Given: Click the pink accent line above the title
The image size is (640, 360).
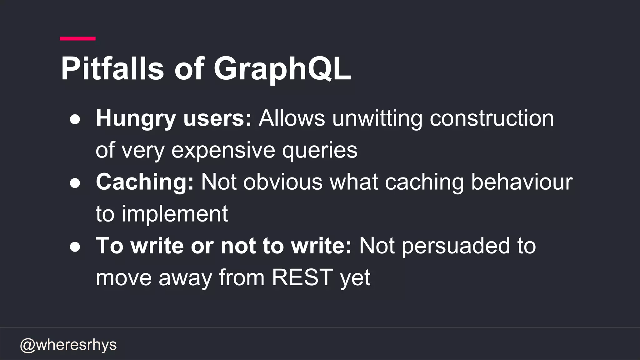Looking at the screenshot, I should [77, 38].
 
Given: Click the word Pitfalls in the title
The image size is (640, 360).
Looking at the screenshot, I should [112, 69].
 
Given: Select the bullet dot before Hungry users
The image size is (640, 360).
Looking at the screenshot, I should [75, 119].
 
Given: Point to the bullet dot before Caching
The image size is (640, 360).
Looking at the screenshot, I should [75, 183].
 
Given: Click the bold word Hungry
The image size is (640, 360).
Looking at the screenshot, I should [136, 119].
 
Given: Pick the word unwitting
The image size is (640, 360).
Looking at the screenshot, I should [377, 119].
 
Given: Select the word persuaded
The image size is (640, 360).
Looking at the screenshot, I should [455, 246].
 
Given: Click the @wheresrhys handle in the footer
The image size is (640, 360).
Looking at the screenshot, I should [68, 345].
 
